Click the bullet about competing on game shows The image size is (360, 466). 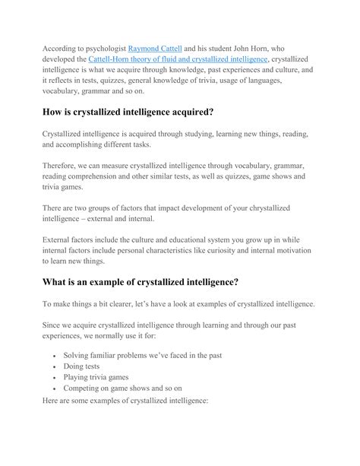tap(126, 388)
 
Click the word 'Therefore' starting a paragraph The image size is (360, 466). tap(63, 165)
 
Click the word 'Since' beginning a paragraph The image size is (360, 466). tap(53, 323)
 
